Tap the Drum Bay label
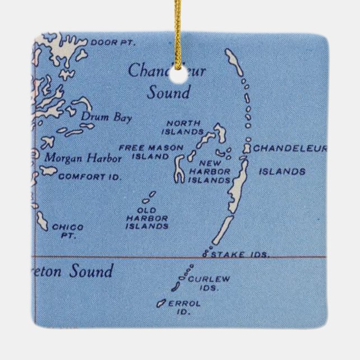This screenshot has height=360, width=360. [99, 117]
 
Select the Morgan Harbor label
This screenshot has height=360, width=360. [83, 158]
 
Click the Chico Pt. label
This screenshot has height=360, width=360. [67, 231]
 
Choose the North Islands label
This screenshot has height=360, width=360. [182, 127]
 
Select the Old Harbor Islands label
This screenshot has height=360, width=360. [146, 219]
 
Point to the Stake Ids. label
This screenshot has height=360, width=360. [240, 254]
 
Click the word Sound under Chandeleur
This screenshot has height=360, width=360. [168, 92]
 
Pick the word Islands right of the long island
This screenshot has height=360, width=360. [282, 172]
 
